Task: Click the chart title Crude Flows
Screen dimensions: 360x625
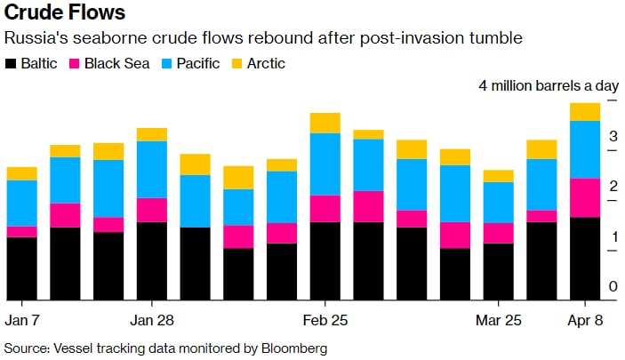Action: pos(65,14)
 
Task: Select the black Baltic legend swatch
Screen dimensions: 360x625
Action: pos(12,63)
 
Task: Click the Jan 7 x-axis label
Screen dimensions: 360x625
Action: pos(22,319)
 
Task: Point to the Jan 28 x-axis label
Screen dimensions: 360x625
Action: pos(152,319)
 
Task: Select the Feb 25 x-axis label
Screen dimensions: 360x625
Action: pos(325,319)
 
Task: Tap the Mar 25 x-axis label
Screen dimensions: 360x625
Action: pos(499,319)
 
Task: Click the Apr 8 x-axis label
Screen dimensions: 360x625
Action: pos(585,319)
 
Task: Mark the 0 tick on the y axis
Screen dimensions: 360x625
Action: pos(613,286)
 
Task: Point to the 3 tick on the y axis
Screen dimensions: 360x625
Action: pos(613,137)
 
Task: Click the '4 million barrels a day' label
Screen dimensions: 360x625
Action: pos(549,86)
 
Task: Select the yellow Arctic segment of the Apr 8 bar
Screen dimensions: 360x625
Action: pos(585,111)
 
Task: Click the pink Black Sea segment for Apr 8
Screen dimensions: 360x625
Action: pos(585,197)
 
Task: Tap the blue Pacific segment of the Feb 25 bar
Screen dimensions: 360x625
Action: pos(325,164)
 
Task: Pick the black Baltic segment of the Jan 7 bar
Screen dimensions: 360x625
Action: pos(22,268)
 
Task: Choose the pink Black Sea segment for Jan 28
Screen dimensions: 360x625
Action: pos(152,210)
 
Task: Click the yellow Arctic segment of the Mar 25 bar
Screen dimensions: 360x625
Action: pos(499,175)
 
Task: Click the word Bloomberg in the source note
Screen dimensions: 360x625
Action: pos(293,348)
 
